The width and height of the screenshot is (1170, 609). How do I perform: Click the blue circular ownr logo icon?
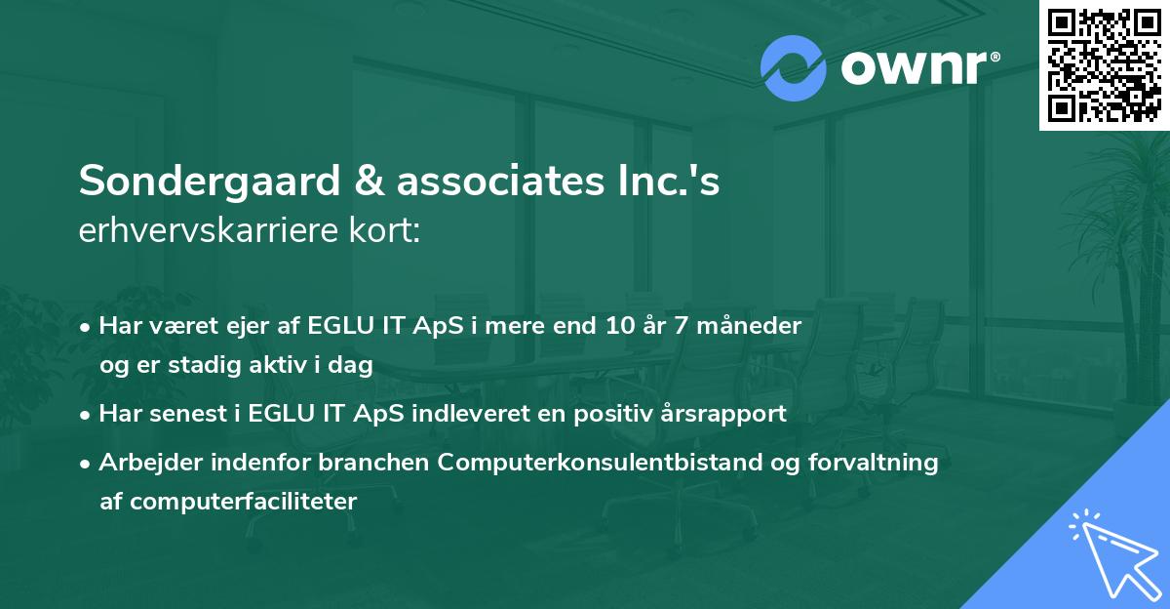click(794, 67)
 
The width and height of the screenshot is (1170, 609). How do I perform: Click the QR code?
click(1104, 64)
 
